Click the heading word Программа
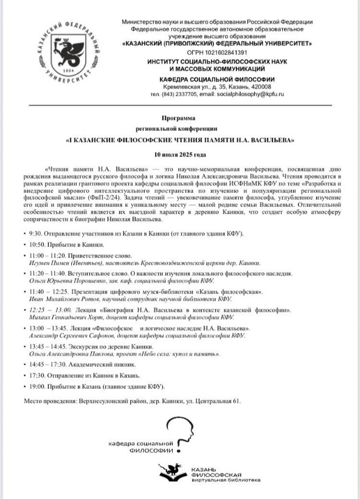(x=179, y=117)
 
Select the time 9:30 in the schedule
(x=35, y=233)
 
